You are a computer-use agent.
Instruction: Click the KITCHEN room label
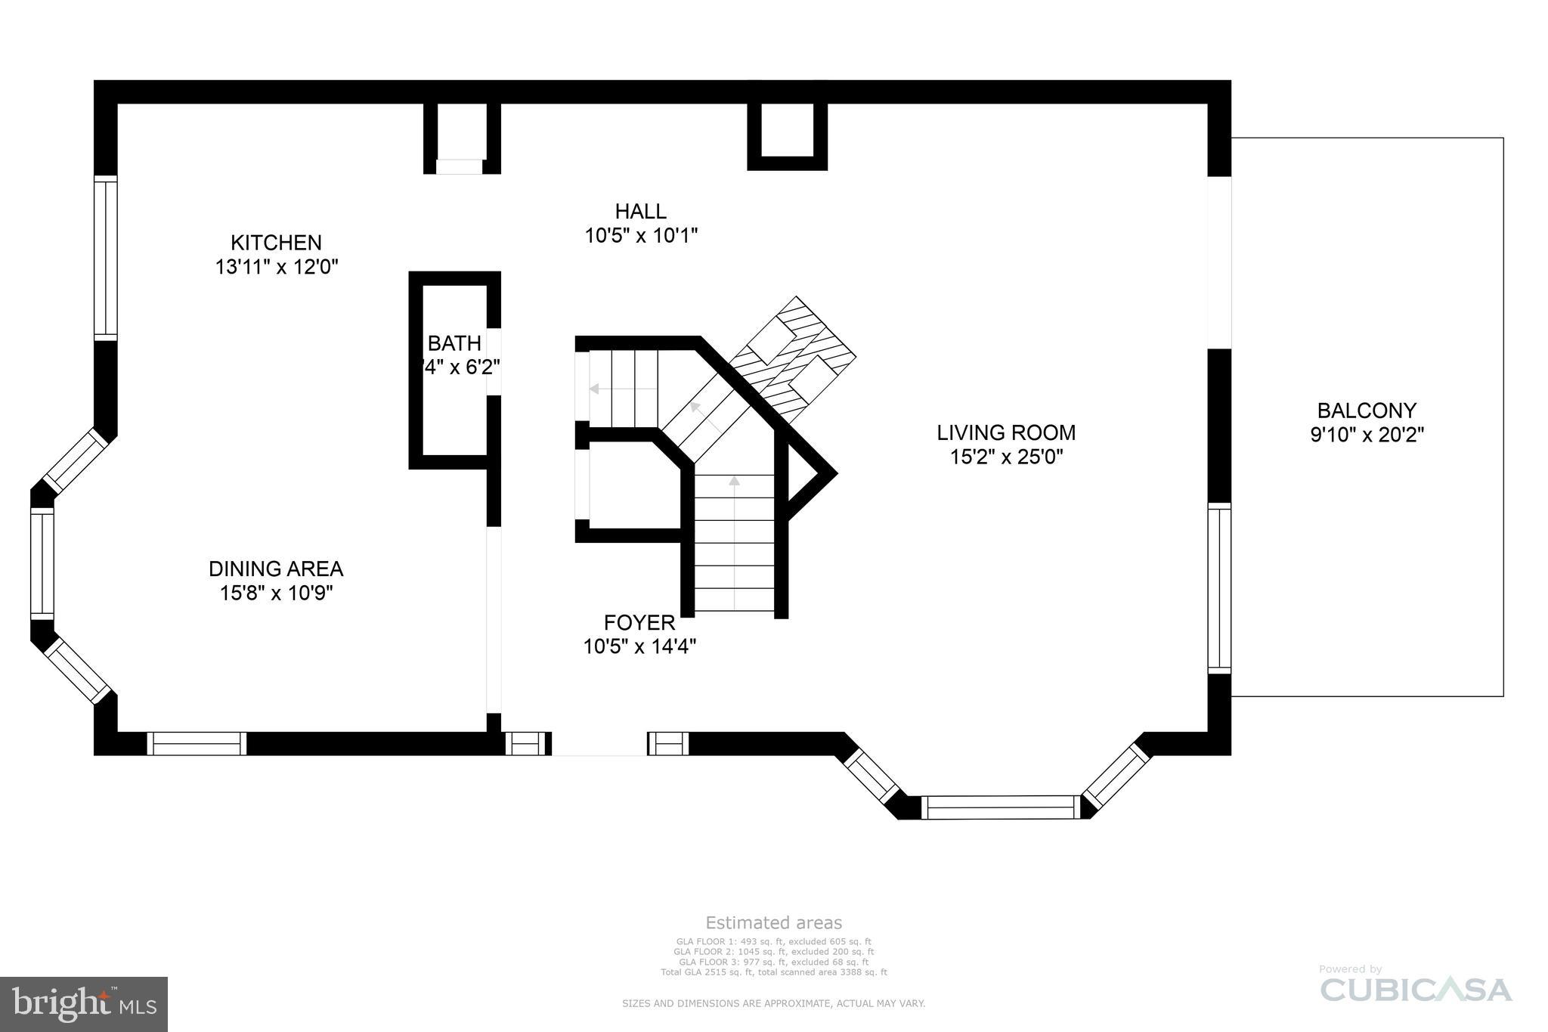[276, 243]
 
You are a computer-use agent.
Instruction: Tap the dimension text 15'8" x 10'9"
[276, 593]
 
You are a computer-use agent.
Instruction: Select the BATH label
[454, 343]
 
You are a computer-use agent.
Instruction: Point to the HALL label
[640, 211]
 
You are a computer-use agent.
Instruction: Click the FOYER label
[639, 623]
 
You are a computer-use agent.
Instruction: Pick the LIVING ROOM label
[1006, 432]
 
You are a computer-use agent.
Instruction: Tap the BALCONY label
[1367, 411]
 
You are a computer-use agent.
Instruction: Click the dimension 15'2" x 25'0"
[1006, 457]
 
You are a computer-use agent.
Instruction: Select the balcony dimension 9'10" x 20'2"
[1367, 435]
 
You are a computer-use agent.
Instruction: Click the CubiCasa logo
[1416, 989]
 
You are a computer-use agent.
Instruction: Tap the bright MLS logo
[84, 1004]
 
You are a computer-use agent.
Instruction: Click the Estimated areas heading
[773, 922]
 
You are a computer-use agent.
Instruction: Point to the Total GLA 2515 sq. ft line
[773, 972]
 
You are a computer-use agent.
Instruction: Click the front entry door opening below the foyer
[599, 744]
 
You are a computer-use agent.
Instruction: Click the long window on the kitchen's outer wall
[106, 257]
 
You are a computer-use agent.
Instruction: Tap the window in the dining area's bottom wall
[197, 744]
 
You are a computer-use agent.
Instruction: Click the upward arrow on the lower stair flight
[734, 481]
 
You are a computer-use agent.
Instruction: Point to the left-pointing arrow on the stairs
[594, 389]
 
